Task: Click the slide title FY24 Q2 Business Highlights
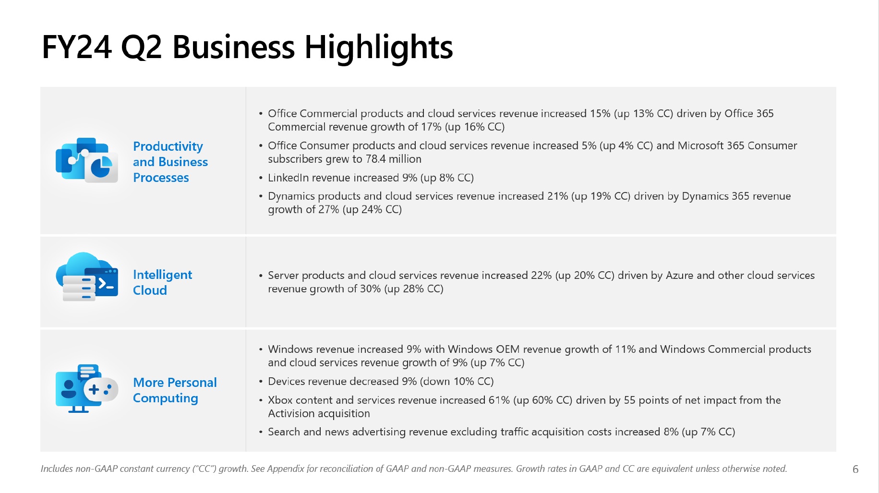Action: tap(247, 47)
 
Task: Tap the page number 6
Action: tap(855, 469)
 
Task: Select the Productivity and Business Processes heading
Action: tap(170, 162)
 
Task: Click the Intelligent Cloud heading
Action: tap(162, 282)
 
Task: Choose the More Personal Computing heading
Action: tap(175, 390)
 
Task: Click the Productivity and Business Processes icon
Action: tap(87, 160)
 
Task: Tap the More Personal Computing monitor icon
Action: tap(77, 389)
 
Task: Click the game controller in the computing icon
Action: tap(101, 389)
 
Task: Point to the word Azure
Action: tap(679, 276)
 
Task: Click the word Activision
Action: tap(292, 414)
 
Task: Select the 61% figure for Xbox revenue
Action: tap(499, 400)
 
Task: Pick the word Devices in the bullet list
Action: tap(286, 382)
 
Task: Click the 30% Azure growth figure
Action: tap(370, 289)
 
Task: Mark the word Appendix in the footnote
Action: tap(286, 469)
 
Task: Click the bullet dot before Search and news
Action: tap(261, 433)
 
